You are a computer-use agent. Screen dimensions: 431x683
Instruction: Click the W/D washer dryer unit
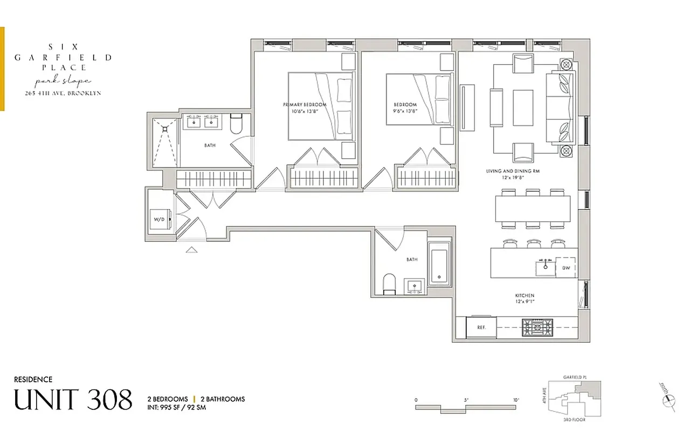coord(160,219)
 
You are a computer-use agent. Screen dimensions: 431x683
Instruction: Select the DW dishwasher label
coord(566,268)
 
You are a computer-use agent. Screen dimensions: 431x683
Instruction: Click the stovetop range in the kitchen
coord(537,327)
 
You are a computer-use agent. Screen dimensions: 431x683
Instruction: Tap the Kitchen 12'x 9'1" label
coord(524,299)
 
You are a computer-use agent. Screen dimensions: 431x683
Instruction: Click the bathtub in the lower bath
coord(440,264)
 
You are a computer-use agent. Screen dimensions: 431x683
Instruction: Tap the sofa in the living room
coord(561,108)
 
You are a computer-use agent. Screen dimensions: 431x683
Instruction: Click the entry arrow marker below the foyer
coord(191,249)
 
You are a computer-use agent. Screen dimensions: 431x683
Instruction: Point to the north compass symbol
coord(668,398)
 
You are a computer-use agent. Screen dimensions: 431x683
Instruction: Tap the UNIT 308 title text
coord(73,400)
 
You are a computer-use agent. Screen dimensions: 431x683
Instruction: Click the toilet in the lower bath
coord(388,284)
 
